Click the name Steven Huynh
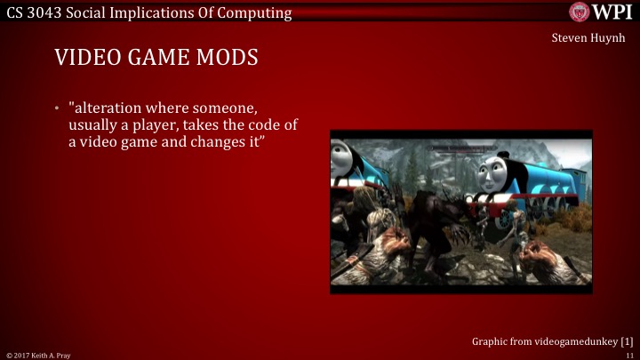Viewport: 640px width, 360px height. tap(588, 37)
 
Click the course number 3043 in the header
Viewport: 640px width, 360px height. tap(46, 12)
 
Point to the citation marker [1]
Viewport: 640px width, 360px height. tap(626, 340)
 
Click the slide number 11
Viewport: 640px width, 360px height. tap(628, 354)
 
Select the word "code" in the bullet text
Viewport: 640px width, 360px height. tap(266, 125)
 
